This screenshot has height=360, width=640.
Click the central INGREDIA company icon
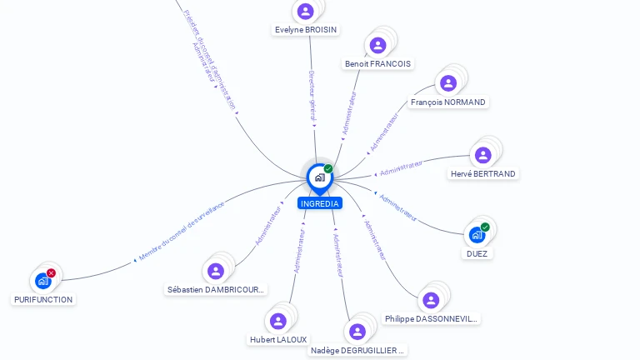318,177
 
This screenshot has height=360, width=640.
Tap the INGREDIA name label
319,203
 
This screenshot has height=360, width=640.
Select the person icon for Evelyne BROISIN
305,12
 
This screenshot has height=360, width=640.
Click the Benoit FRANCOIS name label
377,64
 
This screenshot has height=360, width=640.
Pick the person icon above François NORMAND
448,83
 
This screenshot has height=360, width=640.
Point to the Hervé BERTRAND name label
482,174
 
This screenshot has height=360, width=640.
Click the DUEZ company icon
477,235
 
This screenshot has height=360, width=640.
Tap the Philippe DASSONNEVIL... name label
431,319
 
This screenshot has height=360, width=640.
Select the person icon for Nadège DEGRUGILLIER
357,332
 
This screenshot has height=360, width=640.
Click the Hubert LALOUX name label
278,340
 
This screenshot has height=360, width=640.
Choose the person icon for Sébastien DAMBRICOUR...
216,272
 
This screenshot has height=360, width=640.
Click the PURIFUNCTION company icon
43,281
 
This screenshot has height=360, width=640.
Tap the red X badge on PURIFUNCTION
52,273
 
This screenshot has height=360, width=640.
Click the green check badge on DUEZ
485,227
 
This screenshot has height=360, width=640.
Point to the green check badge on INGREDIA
328,169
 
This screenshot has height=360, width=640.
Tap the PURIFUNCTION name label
43,300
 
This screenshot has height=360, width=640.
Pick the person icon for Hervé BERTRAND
482,155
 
